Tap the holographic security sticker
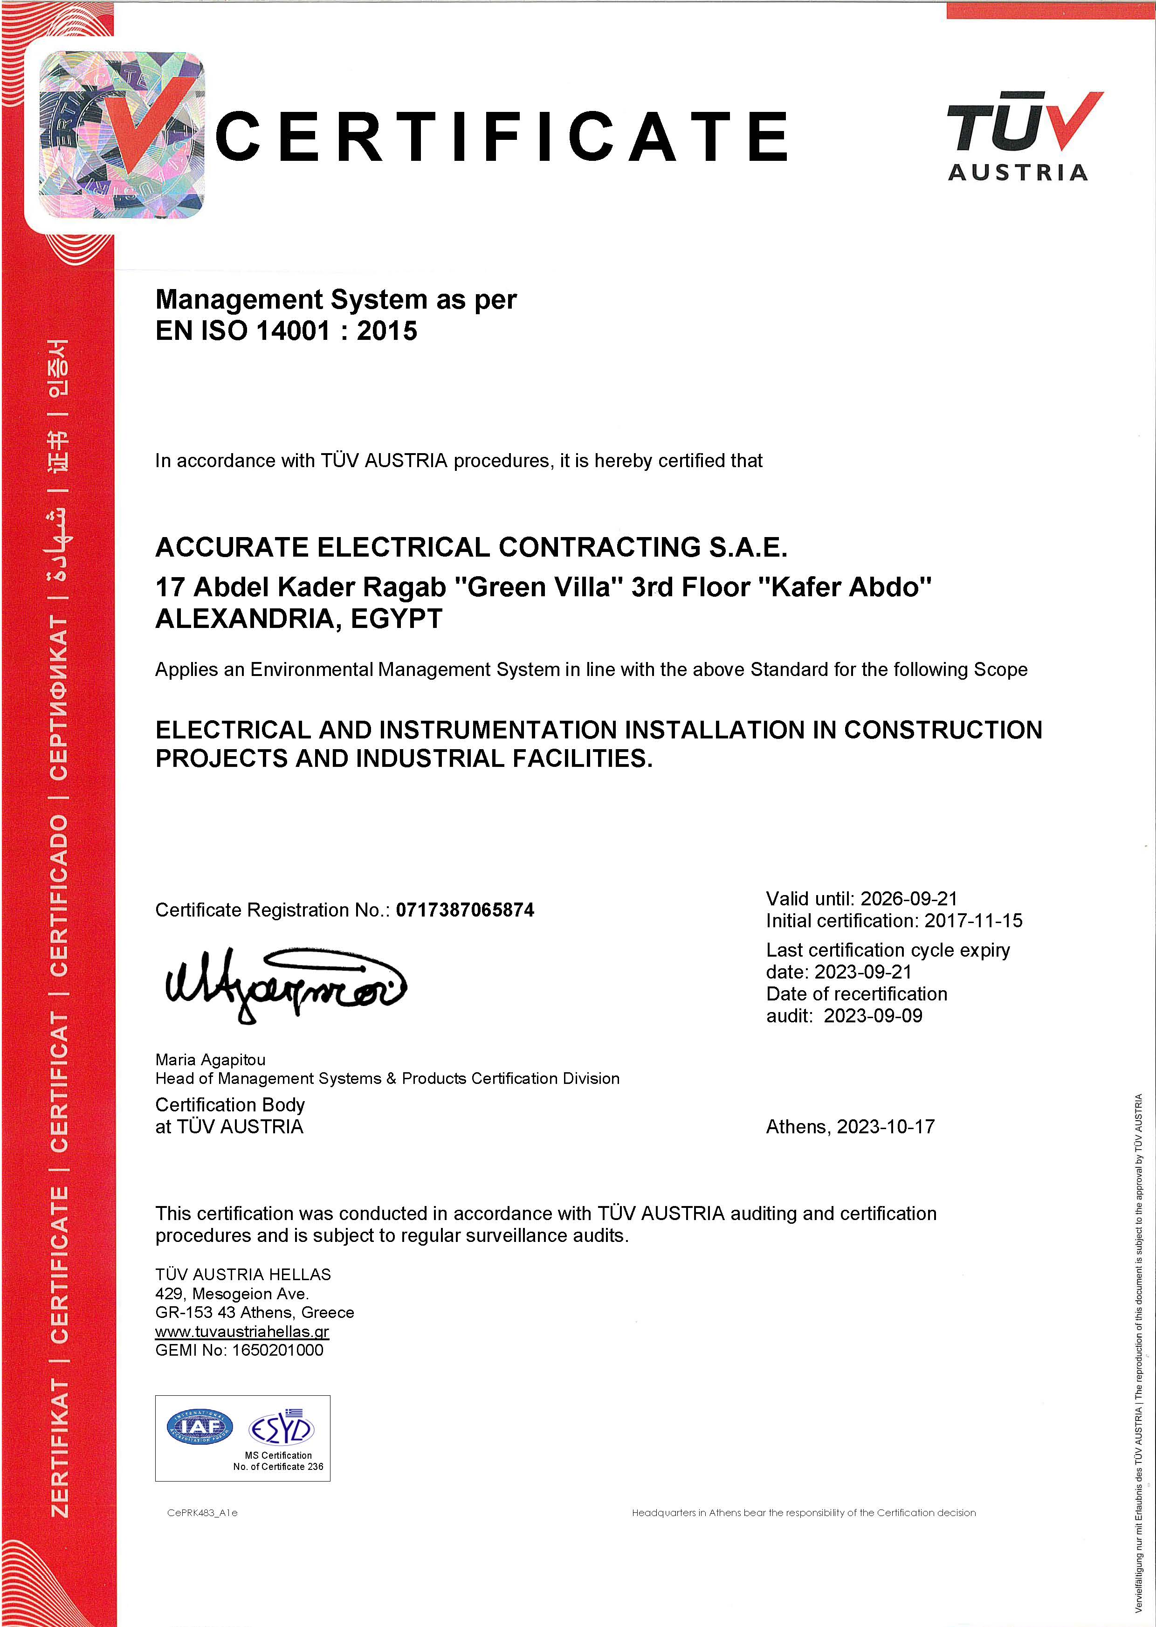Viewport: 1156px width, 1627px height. [x=121, y=135]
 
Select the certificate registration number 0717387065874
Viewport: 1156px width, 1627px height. [x=465, y=910]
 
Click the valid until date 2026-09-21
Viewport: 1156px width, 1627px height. [x=908, y=898]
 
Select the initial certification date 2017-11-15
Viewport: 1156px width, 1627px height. [x=973, y=921]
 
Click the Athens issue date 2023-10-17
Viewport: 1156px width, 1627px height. [x=886, y=1127]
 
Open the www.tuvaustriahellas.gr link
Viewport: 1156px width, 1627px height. [x=242, y=1331]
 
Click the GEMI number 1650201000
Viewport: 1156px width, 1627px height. [x=278, y=1350]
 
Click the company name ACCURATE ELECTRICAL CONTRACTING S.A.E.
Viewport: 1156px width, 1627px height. [x=471, y=547]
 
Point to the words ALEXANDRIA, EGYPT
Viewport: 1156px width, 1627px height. [x=299, y=619]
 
